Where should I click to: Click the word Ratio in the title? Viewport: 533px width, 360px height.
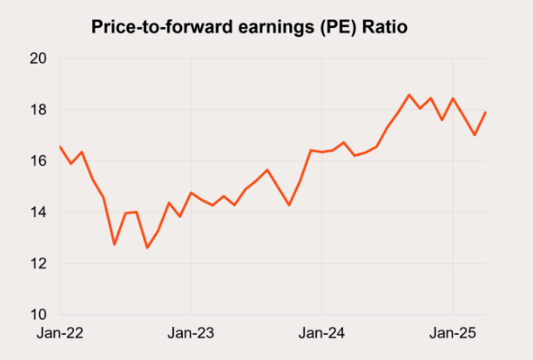(381, 28)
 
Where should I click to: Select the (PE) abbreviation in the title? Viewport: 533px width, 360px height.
(334, 28)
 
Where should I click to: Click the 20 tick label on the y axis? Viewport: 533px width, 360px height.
(38, 59)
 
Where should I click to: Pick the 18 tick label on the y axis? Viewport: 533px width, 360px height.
(38, 110)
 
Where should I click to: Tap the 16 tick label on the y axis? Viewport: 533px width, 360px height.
(38, 161)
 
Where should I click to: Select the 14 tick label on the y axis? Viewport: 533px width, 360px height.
(38, 213)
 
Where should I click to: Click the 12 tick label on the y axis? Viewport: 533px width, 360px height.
(38, 263)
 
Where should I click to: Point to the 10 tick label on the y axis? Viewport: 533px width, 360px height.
(38, 315)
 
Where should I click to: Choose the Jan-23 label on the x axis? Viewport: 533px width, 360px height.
(191, 334)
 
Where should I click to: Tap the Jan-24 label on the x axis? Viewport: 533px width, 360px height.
(322, 334)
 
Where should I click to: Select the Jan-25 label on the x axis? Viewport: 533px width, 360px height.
(453, 334)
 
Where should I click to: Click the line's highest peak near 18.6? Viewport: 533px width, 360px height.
(409, 94)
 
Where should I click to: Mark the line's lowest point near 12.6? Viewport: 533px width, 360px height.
(147, 248)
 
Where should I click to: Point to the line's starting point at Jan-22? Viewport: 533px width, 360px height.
(59, 146)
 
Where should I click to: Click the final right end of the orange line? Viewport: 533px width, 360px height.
(485, 112)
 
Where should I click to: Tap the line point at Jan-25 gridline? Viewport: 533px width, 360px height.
(453, 98)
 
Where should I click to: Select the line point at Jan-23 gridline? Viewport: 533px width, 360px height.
(191, 193)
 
